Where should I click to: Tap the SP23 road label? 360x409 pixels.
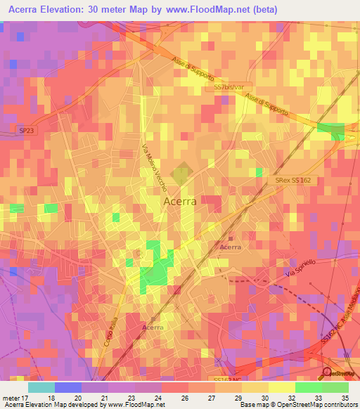coord(25,131)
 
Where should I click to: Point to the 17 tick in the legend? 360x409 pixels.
coord(27,397)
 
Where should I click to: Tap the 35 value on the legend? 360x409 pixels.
coord(345,397)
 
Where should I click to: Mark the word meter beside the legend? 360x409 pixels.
coord(11,397)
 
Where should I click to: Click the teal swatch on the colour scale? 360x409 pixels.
coord(41,387)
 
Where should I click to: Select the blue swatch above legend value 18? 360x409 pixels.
coord(68,387)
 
